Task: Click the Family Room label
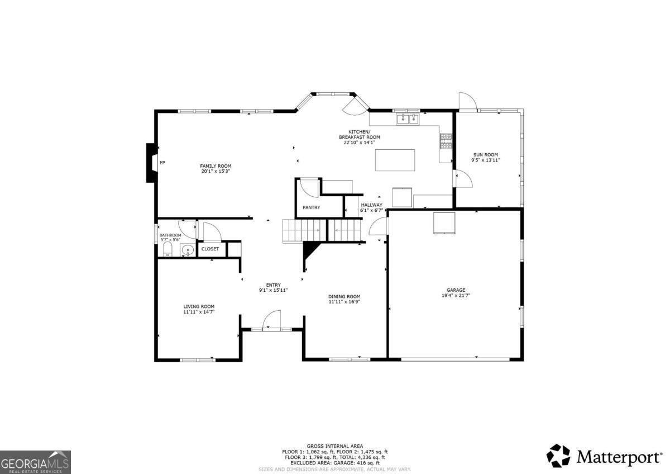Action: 216,166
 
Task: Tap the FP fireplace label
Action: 162,163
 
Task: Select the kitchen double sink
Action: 408,119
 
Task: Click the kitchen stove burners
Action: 446,141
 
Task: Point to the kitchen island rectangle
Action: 395,160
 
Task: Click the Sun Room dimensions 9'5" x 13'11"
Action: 485,160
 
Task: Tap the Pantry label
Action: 311,207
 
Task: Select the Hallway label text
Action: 371,205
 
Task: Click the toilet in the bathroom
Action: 167,249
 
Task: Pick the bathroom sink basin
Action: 188,250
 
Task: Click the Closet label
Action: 210,249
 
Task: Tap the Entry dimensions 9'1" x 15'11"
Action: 273,290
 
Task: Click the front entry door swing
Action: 271,320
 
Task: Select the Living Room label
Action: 199,306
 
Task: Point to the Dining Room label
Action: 344,296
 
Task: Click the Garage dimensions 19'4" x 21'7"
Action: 456,295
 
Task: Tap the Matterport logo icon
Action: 558,456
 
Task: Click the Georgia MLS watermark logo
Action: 35,462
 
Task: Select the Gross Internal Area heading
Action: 334,446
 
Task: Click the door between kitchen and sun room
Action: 463,179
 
